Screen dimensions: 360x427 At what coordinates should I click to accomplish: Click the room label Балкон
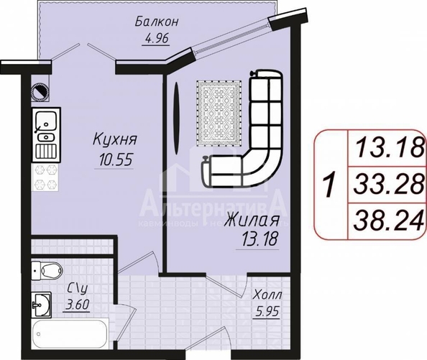coord(155,22)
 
